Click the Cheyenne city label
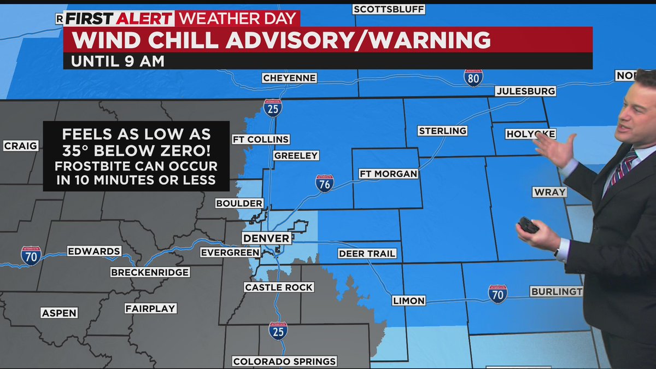tap(289, 78)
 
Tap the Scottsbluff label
tap(389, 9)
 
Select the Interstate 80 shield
tap(473, 78)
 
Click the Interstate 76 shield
tap(324, 184)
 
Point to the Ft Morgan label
tap(388, 174)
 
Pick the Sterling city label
tap(442, 131)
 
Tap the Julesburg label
tap(525, 91)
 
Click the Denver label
tap(266, 238)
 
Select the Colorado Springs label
tap(284, 361)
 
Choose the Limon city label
tap(408, 301)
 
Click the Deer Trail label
tap(367, 254)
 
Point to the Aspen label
tap(59, 313)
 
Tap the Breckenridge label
tap(150, 272)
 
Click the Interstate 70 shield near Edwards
tap(31, 256)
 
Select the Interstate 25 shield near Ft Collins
tap(272, 108)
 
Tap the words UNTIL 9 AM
tap(118, 61)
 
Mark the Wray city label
tap(549, 192)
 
